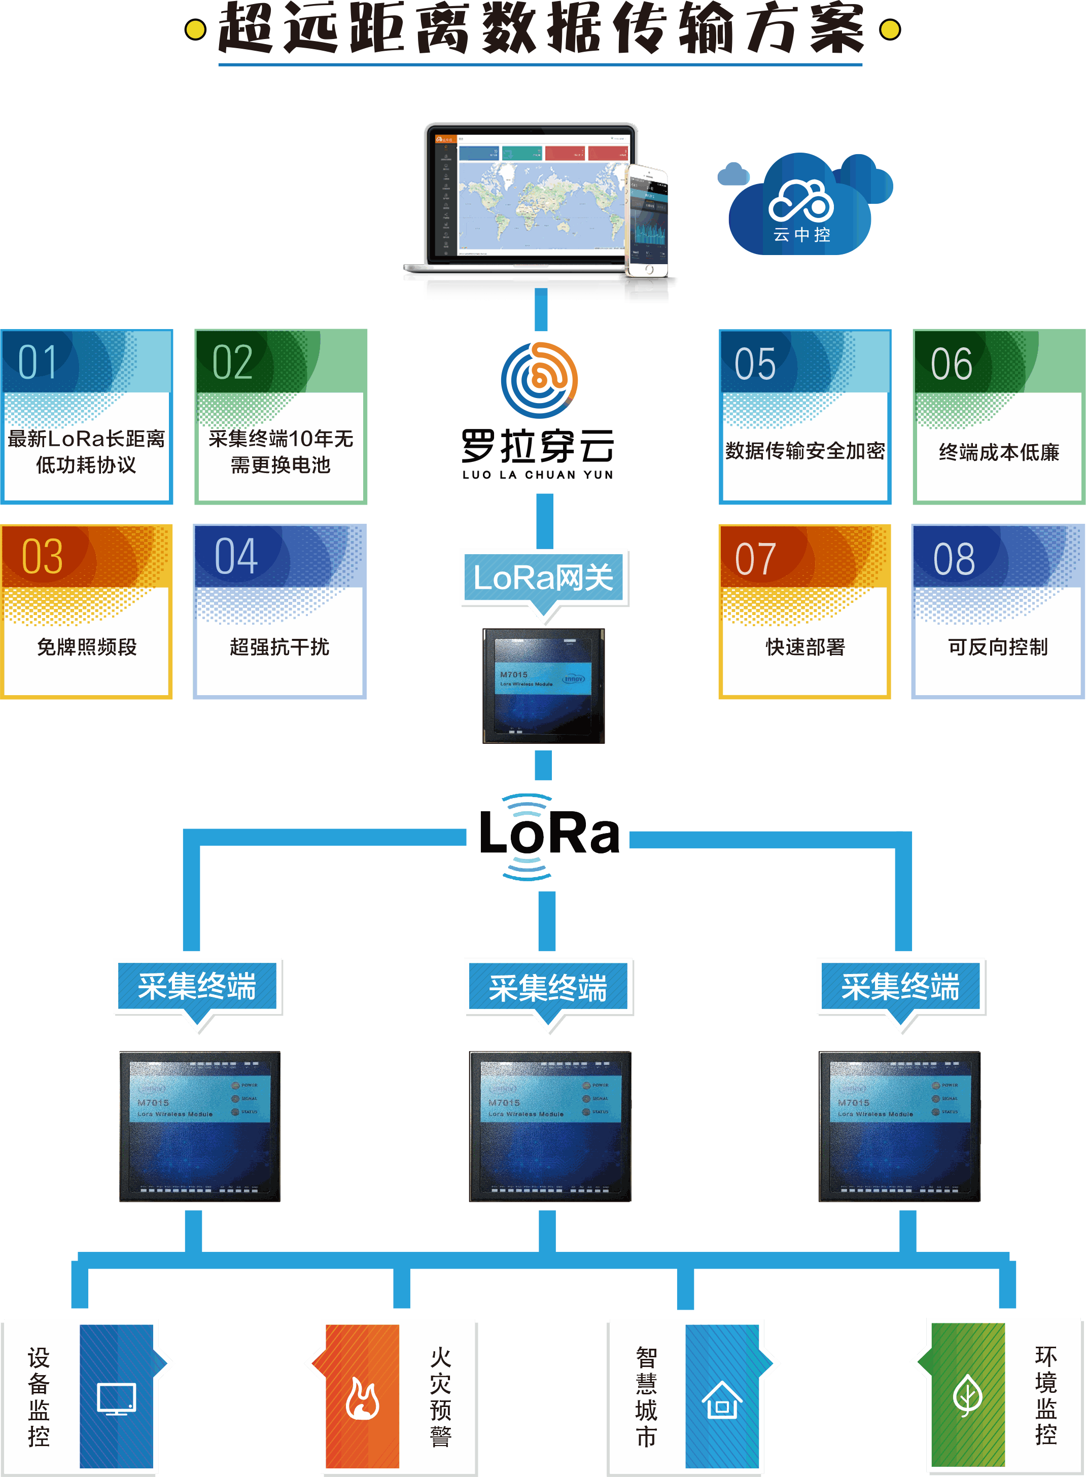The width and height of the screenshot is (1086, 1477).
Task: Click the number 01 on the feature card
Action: click(38, 362)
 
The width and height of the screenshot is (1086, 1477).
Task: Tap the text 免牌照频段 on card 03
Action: click(87, 647)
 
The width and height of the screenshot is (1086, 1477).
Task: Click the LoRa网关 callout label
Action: click(544, 578)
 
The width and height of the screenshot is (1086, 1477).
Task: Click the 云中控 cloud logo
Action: click(801, 207)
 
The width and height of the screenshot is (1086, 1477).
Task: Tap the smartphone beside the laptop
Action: click(648, 220)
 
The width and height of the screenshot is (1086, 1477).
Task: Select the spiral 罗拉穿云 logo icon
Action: click(540, 380)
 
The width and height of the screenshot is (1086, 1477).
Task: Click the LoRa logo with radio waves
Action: click(549, 836)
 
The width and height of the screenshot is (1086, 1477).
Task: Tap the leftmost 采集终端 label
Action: click(197, 987)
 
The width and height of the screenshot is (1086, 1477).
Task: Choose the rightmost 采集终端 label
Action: click(901, 987)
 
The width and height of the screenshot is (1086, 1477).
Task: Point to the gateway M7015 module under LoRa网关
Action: click(544, 686)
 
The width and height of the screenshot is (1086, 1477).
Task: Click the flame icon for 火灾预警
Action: click(362, 1399)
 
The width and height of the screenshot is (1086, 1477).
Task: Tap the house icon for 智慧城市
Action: click(722, 1400)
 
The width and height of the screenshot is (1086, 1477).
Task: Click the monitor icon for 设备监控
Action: click(116, 1399)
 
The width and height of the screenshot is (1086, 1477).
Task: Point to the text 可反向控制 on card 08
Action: click(997, 647)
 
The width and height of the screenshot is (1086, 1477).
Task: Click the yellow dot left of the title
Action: click(195, 29)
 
